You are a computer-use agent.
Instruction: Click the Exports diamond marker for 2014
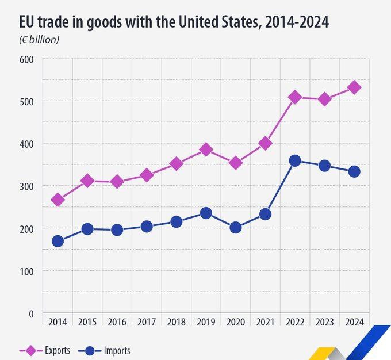pyautogui.click(x=57, y=200)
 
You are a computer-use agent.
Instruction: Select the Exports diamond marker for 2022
pyautogui.click(x=295, y=97)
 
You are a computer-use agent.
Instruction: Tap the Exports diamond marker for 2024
pyautogui.click(x=354, y=87)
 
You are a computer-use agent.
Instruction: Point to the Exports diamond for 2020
pyautogui.click(x=236, y=163)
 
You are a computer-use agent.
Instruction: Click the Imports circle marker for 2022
pyautogui.click(x=295, y=161)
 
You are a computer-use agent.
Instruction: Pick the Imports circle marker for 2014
pyautogui.click(x=57, y=241)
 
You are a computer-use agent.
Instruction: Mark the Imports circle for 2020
pyautogui.click(x=236, y=228)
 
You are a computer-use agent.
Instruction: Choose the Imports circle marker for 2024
pyautogui.click(x=354, y=171)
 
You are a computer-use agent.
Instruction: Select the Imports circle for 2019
pyautogui.click(x=206, y=213)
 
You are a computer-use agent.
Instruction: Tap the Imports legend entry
pyautogui.click(x=109, y=350)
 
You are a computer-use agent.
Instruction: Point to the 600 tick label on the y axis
pyautogui.click(x=27, y=59)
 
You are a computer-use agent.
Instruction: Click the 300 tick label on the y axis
pyautogui.click(x=27, y=186)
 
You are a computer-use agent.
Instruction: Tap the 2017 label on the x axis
pyautogui.click(x=147, y=322)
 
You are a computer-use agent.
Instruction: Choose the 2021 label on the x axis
pyautogui.click(x=265, y=322)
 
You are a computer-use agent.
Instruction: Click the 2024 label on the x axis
pyautogui.click(x=354, y=322)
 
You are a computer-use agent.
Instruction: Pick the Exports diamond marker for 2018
pyautogui.click(x=177, y=164)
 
